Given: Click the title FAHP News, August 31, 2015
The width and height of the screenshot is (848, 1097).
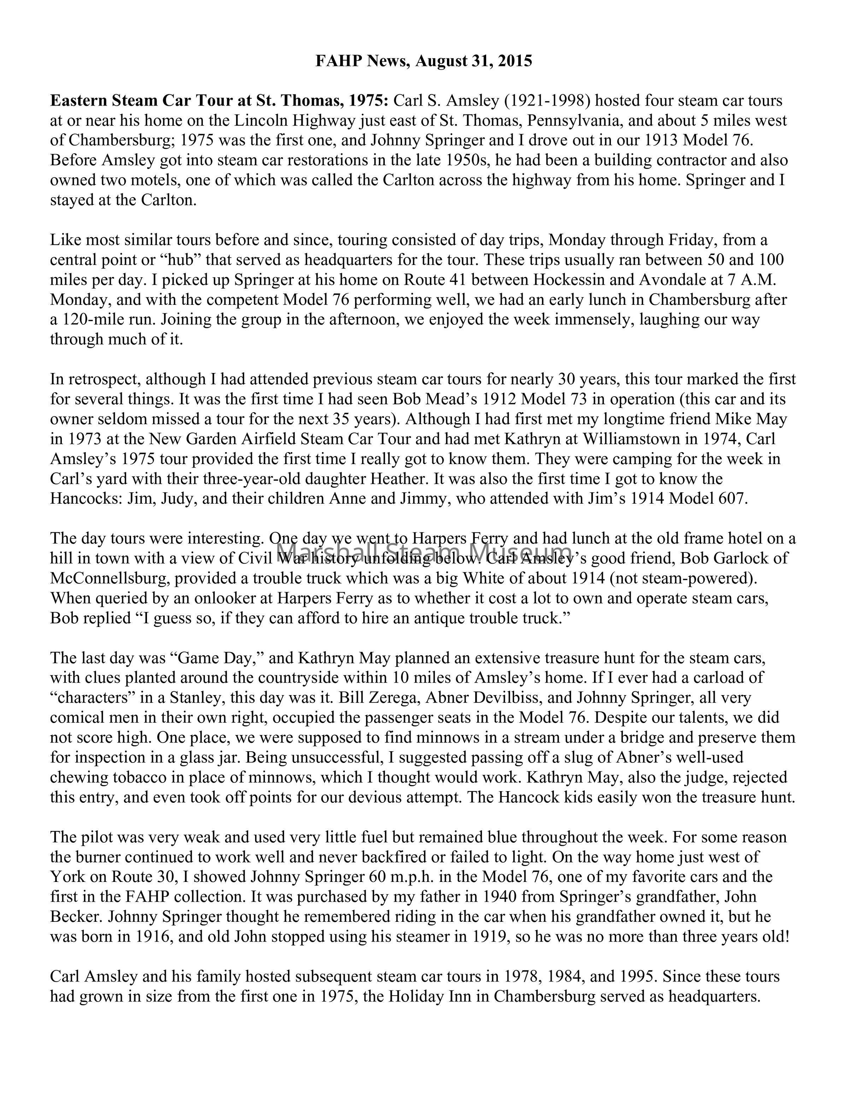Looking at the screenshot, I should [424, 61].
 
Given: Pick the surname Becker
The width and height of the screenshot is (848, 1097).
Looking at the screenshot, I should [76, 917].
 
